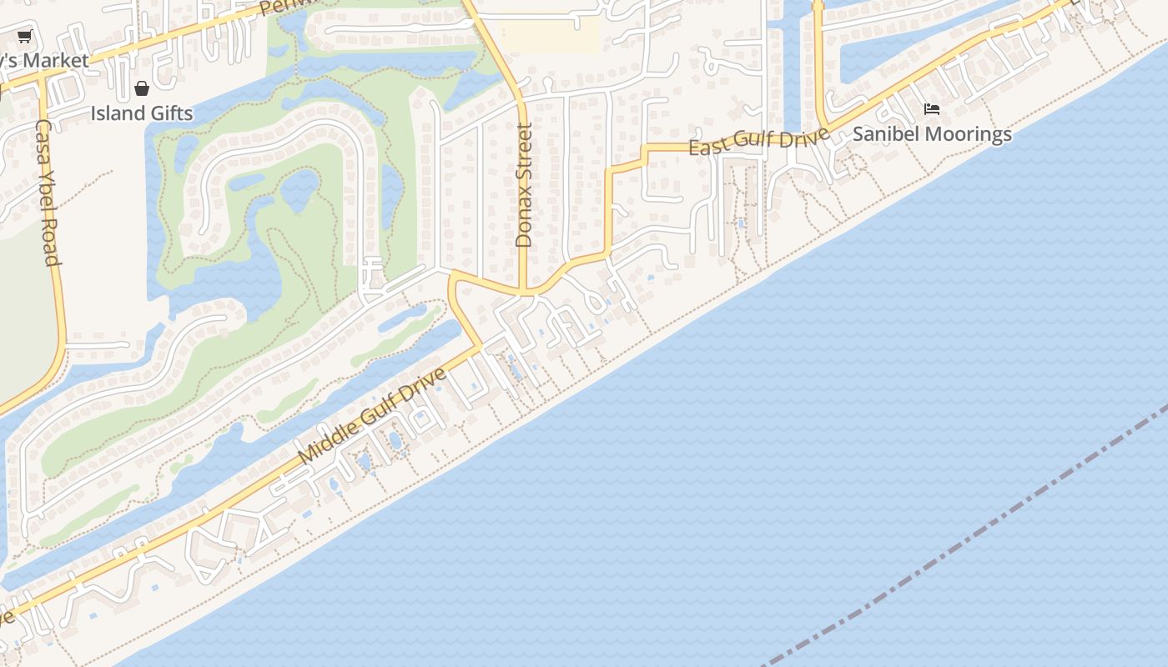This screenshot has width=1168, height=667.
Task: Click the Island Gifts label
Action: click(x=142, y=113)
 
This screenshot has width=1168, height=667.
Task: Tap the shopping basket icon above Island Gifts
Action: click(x=142, y=88)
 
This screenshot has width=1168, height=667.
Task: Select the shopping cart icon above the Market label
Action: click(x=24, y=36)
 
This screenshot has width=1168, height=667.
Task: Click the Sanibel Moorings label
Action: click(x=932, y=134)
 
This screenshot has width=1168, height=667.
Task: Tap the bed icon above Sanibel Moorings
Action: click(x=932, y=109)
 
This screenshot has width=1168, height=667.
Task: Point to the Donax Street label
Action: click(x=524, y=185)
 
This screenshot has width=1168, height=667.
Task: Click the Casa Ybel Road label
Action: click(x=48, y=193)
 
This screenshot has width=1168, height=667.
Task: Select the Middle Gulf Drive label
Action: click(x=373, y=415)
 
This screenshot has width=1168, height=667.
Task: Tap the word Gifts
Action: click(x=169, y=113)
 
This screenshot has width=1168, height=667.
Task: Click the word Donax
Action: click(x=524, y=221)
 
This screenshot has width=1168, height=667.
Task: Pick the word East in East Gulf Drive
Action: click(x=707, y=148)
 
